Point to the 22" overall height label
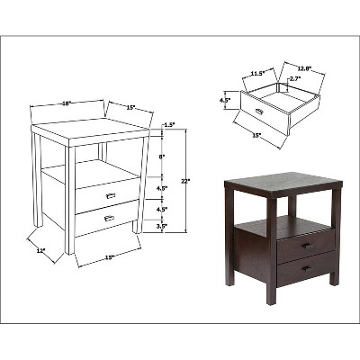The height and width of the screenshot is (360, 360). coord(184,181)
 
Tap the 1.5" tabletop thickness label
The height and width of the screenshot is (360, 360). coord(170,125)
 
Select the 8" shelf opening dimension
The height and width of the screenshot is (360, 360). coord(162,156)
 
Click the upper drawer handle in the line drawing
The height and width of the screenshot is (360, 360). coord(110,194)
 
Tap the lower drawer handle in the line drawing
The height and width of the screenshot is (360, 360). coord(109,218)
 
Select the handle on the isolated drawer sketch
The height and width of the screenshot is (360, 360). coord(259,111)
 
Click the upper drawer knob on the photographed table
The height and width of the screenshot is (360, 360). coord(305,246)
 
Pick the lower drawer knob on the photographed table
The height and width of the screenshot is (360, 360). coord(305,267)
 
